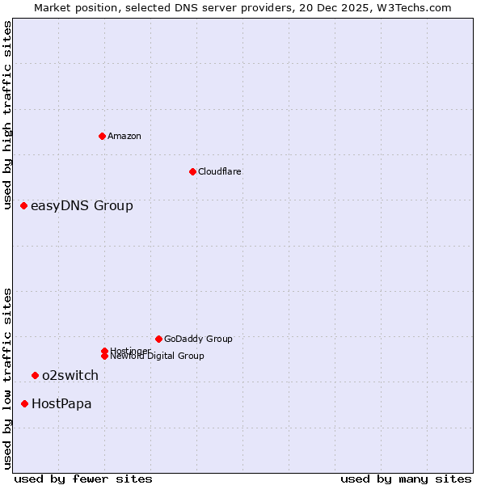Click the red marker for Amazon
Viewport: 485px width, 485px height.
(x=102, y=136)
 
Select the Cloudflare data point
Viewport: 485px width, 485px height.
(x=192, y=171)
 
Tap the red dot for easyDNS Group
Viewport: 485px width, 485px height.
(x=24, y=206)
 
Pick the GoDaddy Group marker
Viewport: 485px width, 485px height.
(x=158, y=339)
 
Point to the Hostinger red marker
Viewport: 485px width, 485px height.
(x=104, y=351)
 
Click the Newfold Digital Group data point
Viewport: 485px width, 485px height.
(x=104, y=356)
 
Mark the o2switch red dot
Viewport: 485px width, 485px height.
(x=35, y=375)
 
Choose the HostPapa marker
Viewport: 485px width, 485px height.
(x=25, y=403)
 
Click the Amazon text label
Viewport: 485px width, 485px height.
(x=124, y=136)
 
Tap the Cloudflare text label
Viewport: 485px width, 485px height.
(x=220, y=171)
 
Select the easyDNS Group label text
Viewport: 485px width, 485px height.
(x=82, y=206)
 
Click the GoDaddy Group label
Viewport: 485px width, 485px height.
(x=198, y=339)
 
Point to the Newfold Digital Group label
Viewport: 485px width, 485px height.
(x=157, y=356)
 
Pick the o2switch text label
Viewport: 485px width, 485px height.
(x=70, y=375)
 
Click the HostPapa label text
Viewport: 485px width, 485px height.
(x=61, y=403)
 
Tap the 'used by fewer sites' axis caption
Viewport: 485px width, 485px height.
(x=83, y=479)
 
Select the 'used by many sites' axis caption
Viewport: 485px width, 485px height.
(x=406, y=479)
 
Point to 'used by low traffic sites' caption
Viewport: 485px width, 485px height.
(x=8, y=378)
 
